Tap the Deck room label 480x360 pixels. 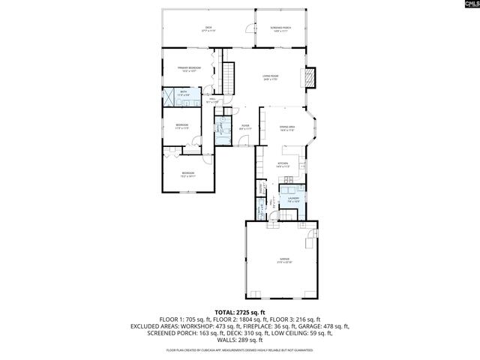pyautogui.click(x=208, y=29)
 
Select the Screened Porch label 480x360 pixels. pyautogui.click(x=281, y=29)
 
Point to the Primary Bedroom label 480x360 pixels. pyautogui.click(x=189, y=69)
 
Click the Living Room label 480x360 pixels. pyautogui.click(x=271, y=77)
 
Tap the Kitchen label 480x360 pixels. pyautogui.click(x=283, y=164)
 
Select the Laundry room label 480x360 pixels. pyautogui.click(x=293, y=199)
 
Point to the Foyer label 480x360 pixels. pyautogui.click(x=244, y=127)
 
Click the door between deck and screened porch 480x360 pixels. pyautogui.click(x=250, y=30)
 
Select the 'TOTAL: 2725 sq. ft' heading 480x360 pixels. pyautogui.click(x=240, y=312)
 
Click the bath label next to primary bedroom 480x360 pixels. pyautogui.click(x=184, y=94)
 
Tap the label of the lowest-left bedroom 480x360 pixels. pyautogui.click(x=187, y=174)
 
